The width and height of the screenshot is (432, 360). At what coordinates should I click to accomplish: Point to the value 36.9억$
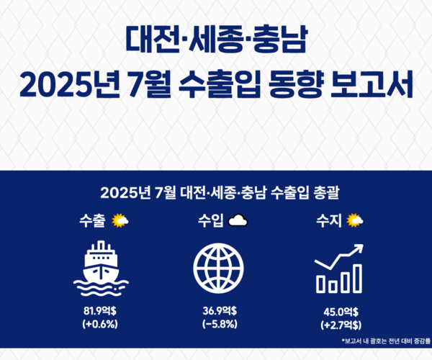(217, 311)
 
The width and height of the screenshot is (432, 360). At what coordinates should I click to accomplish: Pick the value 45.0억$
(339, 312)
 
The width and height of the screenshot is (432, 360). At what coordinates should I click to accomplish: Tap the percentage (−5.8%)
(217, 324)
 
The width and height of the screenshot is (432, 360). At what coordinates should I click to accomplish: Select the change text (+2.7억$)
(339, 325)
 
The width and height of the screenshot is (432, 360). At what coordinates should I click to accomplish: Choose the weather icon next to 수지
(354, 219)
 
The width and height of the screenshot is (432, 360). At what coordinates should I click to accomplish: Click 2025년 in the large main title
(68, 86)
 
